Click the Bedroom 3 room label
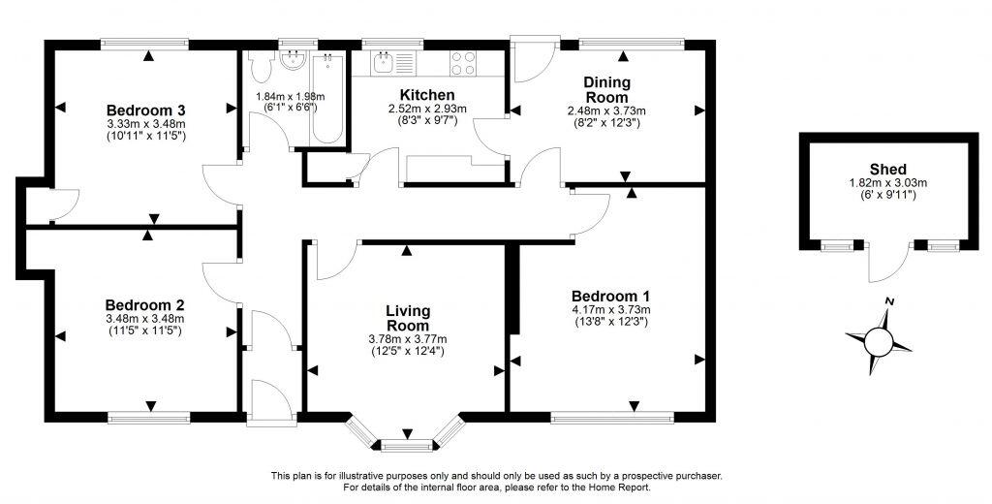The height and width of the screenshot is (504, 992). click(x=145, y=109)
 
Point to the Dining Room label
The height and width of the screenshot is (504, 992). click(x=606, y=90)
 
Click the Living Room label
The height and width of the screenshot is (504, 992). click(x=406, y=318)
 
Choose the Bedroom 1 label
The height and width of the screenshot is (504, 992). click(x=610, y=296)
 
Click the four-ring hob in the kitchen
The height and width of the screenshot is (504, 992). click(x=462, y=63)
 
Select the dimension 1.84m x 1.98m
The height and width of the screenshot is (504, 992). click(x=290, y=97)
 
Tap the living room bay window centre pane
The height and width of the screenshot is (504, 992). click(x=405, y=446)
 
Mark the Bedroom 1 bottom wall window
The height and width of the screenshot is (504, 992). click(x=611, y=418)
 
